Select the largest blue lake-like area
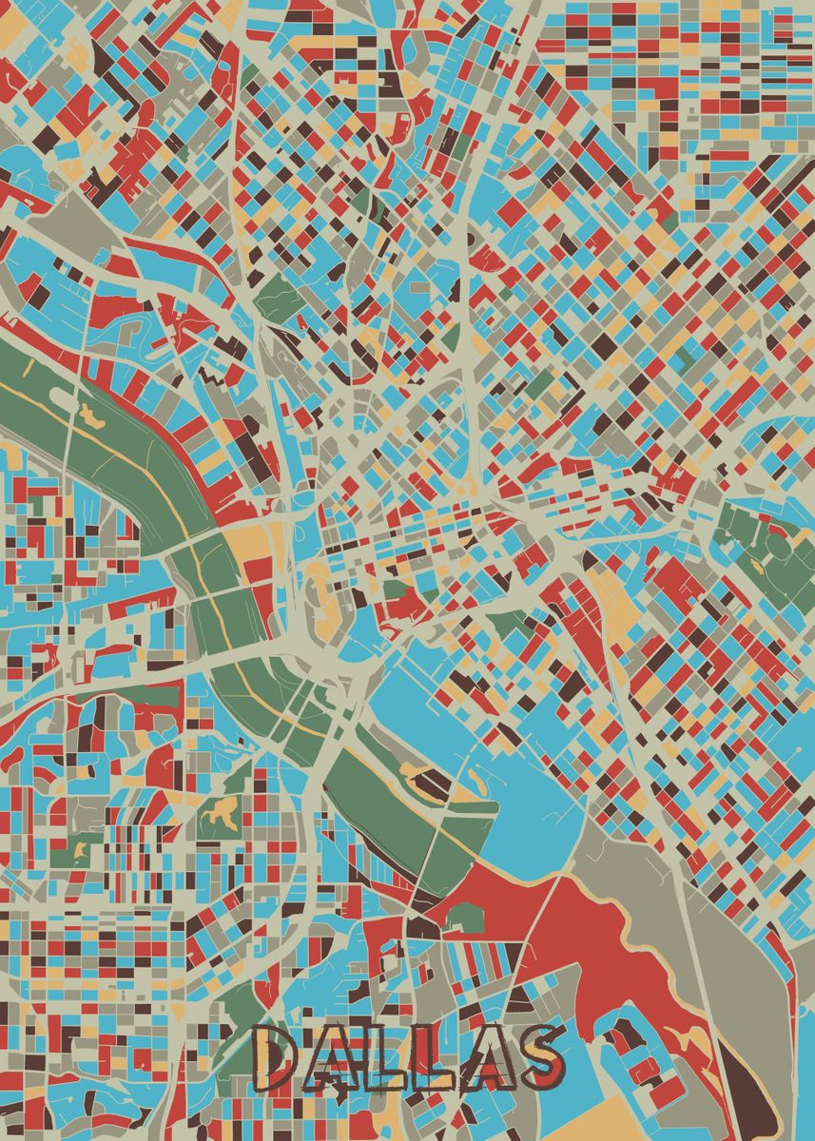(495, 751)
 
